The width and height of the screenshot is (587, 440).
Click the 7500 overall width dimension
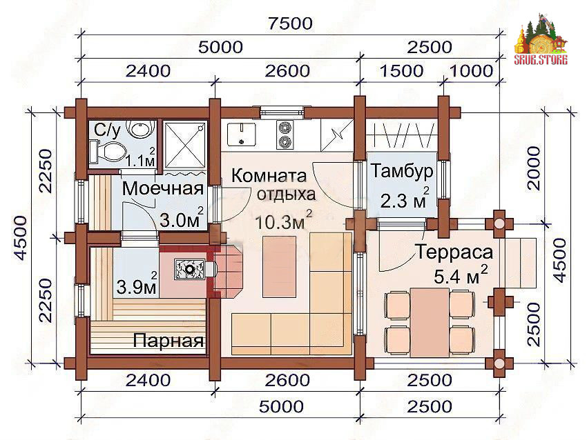pyautogui.click(x=290, y=23)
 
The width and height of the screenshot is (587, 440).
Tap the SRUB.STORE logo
pyautogui.click(x=541, y=41)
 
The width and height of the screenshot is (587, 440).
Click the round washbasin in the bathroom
pyautogui.click(x=139, y=128)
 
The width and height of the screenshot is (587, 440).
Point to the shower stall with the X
pyautogui.click(x=185, y=145)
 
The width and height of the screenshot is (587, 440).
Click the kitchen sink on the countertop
pyautogui.click(x=242, y=134)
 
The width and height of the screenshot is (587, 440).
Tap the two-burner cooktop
pyautogui.click(x=285, y=134)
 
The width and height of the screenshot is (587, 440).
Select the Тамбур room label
pyautogui.click(x=402, y=171)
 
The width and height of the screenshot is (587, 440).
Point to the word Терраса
pyautogui.click(x=454, y=252)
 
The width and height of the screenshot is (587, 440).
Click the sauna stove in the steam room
pyautogui.click(x=190, y=269)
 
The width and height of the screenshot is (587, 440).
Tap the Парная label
pyautogui.click(x=169, y=340)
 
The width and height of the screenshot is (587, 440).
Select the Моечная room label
pyautogui.click(x=163, y=188)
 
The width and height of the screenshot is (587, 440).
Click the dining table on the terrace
pyautogui.click(x=430, y=322)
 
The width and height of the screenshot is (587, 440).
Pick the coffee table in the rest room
pyautogui.click(x=279, y=266)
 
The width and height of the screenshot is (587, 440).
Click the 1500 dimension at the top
pyautogui.click(x=401, y=70)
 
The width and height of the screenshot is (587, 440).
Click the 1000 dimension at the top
pyautogui.click(x=471, y=70)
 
